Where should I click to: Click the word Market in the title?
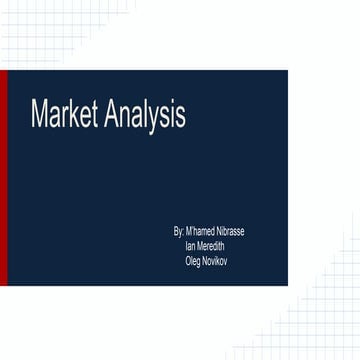pos(62,115)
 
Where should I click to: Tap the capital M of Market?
pos(39,115)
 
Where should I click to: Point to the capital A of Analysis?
pos(107,115)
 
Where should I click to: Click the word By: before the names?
pos(179,231)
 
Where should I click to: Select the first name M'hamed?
pos(200,231)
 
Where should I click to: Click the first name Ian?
pos(190,246)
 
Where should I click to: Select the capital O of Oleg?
pos(188,261)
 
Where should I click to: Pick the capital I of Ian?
pos(186,246)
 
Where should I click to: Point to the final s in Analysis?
pos(180,116)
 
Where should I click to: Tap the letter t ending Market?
pos(96,115)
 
